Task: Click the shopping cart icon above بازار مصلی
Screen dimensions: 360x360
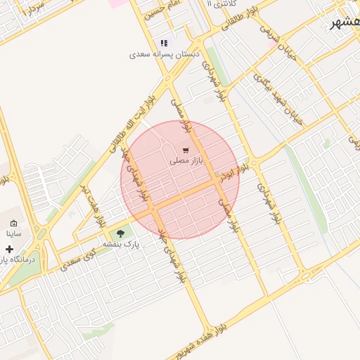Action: tap(185, 150)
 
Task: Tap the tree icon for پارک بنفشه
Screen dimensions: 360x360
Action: tap(120, 233)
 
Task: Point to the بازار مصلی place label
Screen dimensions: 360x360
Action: tap(186, 161)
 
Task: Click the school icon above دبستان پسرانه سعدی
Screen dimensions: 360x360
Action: tap(165, 43)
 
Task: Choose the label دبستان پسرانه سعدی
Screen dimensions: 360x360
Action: tap(165, 54)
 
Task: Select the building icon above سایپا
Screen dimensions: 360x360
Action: tap(13, 223)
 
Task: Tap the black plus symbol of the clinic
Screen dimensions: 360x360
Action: tap(9, 249)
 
